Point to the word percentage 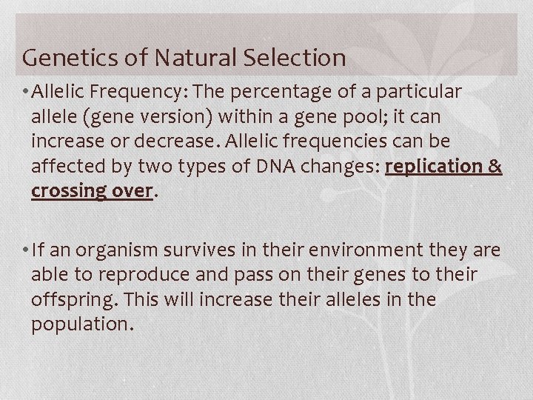click(x=293, y=92)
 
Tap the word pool click(x=349, y=117)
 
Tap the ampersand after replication click(x=495, y=166)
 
